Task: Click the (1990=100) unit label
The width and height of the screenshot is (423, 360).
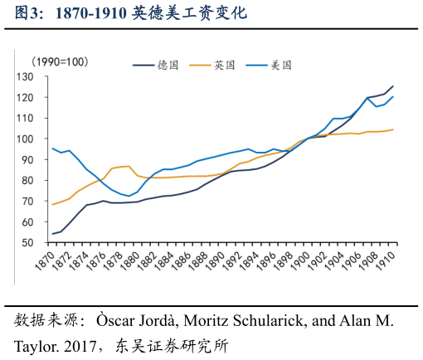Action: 60,62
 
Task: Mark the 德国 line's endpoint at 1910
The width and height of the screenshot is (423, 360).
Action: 393,86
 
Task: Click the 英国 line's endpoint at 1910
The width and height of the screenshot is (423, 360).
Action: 393,129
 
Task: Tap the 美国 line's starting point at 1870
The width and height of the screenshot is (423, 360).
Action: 52,148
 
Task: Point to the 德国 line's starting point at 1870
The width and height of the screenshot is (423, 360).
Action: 52,234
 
